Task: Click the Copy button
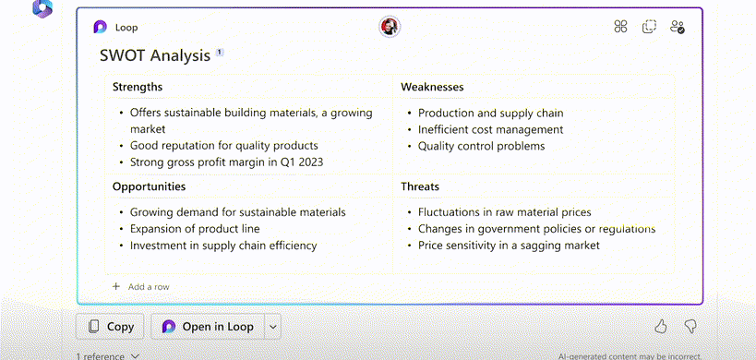pos(111,327)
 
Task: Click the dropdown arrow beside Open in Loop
pos(273,327)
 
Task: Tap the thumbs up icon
pos(661,327)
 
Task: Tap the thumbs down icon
pos(690,327)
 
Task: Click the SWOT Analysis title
pos(155,56)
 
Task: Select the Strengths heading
pos(138,87)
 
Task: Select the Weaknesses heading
pos(432,87)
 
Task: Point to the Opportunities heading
pos(149,187)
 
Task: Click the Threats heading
pos(420,186)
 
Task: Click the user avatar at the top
pos(390,27)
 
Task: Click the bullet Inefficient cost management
pos(490,129)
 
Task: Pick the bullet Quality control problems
pos(481,146)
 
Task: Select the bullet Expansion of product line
pos(195,229)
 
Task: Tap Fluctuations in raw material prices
pos(504,212)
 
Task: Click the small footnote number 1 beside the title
pos(220,52)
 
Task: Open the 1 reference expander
pos(107,356)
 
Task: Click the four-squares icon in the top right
pos(620,27)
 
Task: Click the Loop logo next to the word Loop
pos(101,27)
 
